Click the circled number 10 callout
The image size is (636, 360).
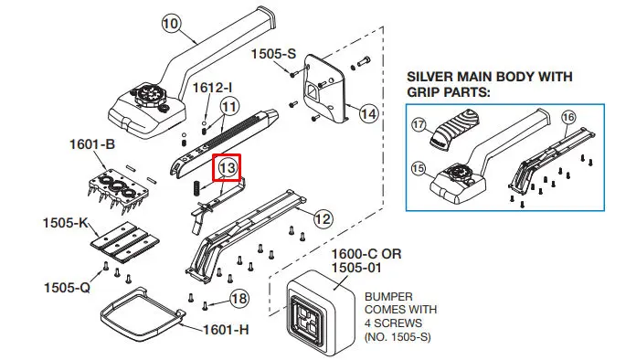click(x=171, y=23)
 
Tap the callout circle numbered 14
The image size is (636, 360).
click(x=368, y=113)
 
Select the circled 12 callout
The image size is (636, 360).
click(x=323, y=219)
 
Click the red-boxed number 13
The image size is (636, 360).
click(x=228, y=167)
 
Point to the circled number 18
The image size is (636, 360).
click(x=238, y=299)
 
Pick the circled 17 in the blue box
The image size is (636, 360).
click(x=419, y=124)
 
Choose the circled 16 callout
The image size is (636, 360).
click(x=568, y=117)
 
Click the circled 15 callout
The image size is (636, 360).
click(x=418, y=168)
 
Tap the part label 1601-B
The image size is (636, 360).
click(x=92, y=144)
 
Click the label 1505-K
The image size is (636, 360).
click(x=66, y=223)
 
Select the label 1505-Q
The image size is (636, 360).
click(x=67, y=288)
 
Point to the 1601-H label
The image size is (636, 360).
click(x=226, y=330)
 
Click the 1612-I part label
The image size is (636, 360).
click(x=212, y=87)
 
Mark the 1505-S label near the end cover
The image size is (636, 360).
click(x=274, y=54)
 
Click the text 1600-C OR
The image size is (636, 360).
click(x=366, y=254)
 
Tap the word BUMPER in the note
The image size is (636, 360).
click(x=388, y=297)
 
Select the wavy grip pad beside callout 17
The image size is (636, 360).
click(x=455, y=128)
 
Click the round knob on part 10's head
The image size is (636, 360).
click(x=148, y=95)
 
